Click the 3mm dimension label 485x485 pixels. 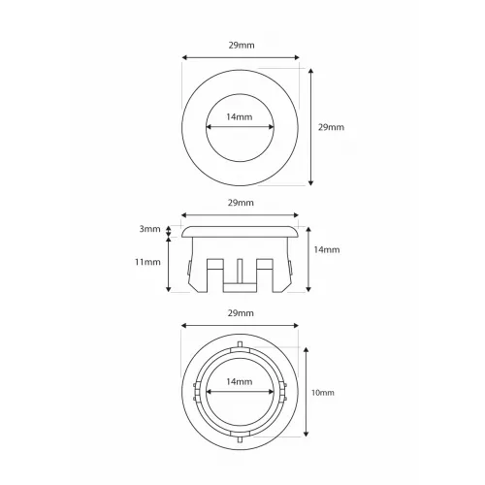coord(149,229)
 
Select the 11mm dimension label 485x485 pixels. coord(147,262)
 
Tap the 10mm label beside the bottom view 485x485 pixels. coord(323,393)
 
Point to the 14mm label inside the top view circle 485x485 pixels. coord(240,116)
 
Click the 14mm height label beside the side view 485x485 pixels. coord(327,249)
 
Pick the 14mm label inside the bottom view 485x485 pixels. coord(240,382)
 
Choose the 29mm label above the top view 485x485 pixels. coord(242,46)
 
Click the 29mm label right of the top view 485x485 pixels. coord(331,127)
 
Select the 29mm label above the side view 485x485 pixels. coord(241,203)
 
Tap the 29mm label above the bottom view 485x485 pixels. coord(241,313)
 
